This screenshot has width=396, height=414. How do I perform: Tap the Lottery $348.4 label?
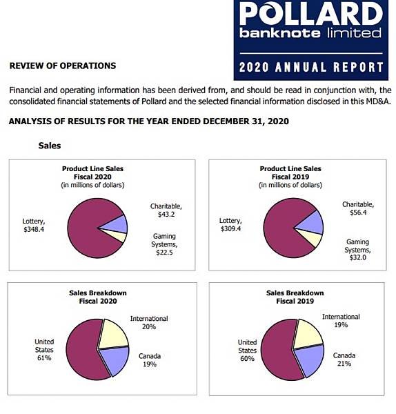[34, 225]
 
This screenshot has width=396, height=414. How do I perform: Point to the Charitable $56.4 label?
[358, 208]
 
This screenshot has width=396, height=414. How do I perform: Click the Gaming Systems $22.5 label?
[164, 244]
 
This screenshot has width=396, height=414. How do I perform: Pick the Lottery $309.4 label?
[230, 225]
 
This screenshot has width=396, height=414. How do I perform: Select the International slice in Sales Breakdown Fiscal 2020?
[114, 334]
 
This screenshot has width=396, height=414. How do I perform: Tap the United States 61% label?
[44, 350]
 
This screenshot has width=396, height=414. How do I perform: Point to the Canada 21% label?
[344, 359]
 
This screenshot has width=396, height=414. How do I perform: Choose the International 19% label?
[341, 321]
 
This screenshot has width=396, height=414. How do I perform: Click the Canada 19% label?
[150, 360]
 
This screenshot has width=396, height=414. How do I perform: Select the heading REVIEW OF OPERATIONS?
[63, 66]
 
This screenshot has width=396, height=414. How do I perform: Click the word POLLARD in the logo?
[311, 14]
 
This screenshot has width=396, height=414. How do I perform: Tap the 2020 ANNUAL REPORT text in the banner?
[311, 67]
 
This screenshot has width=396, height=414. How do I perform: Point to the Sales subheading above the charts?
[50, 146]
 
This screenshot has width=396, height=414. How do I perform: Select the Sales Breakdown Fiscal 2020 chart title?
[98, 297]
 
